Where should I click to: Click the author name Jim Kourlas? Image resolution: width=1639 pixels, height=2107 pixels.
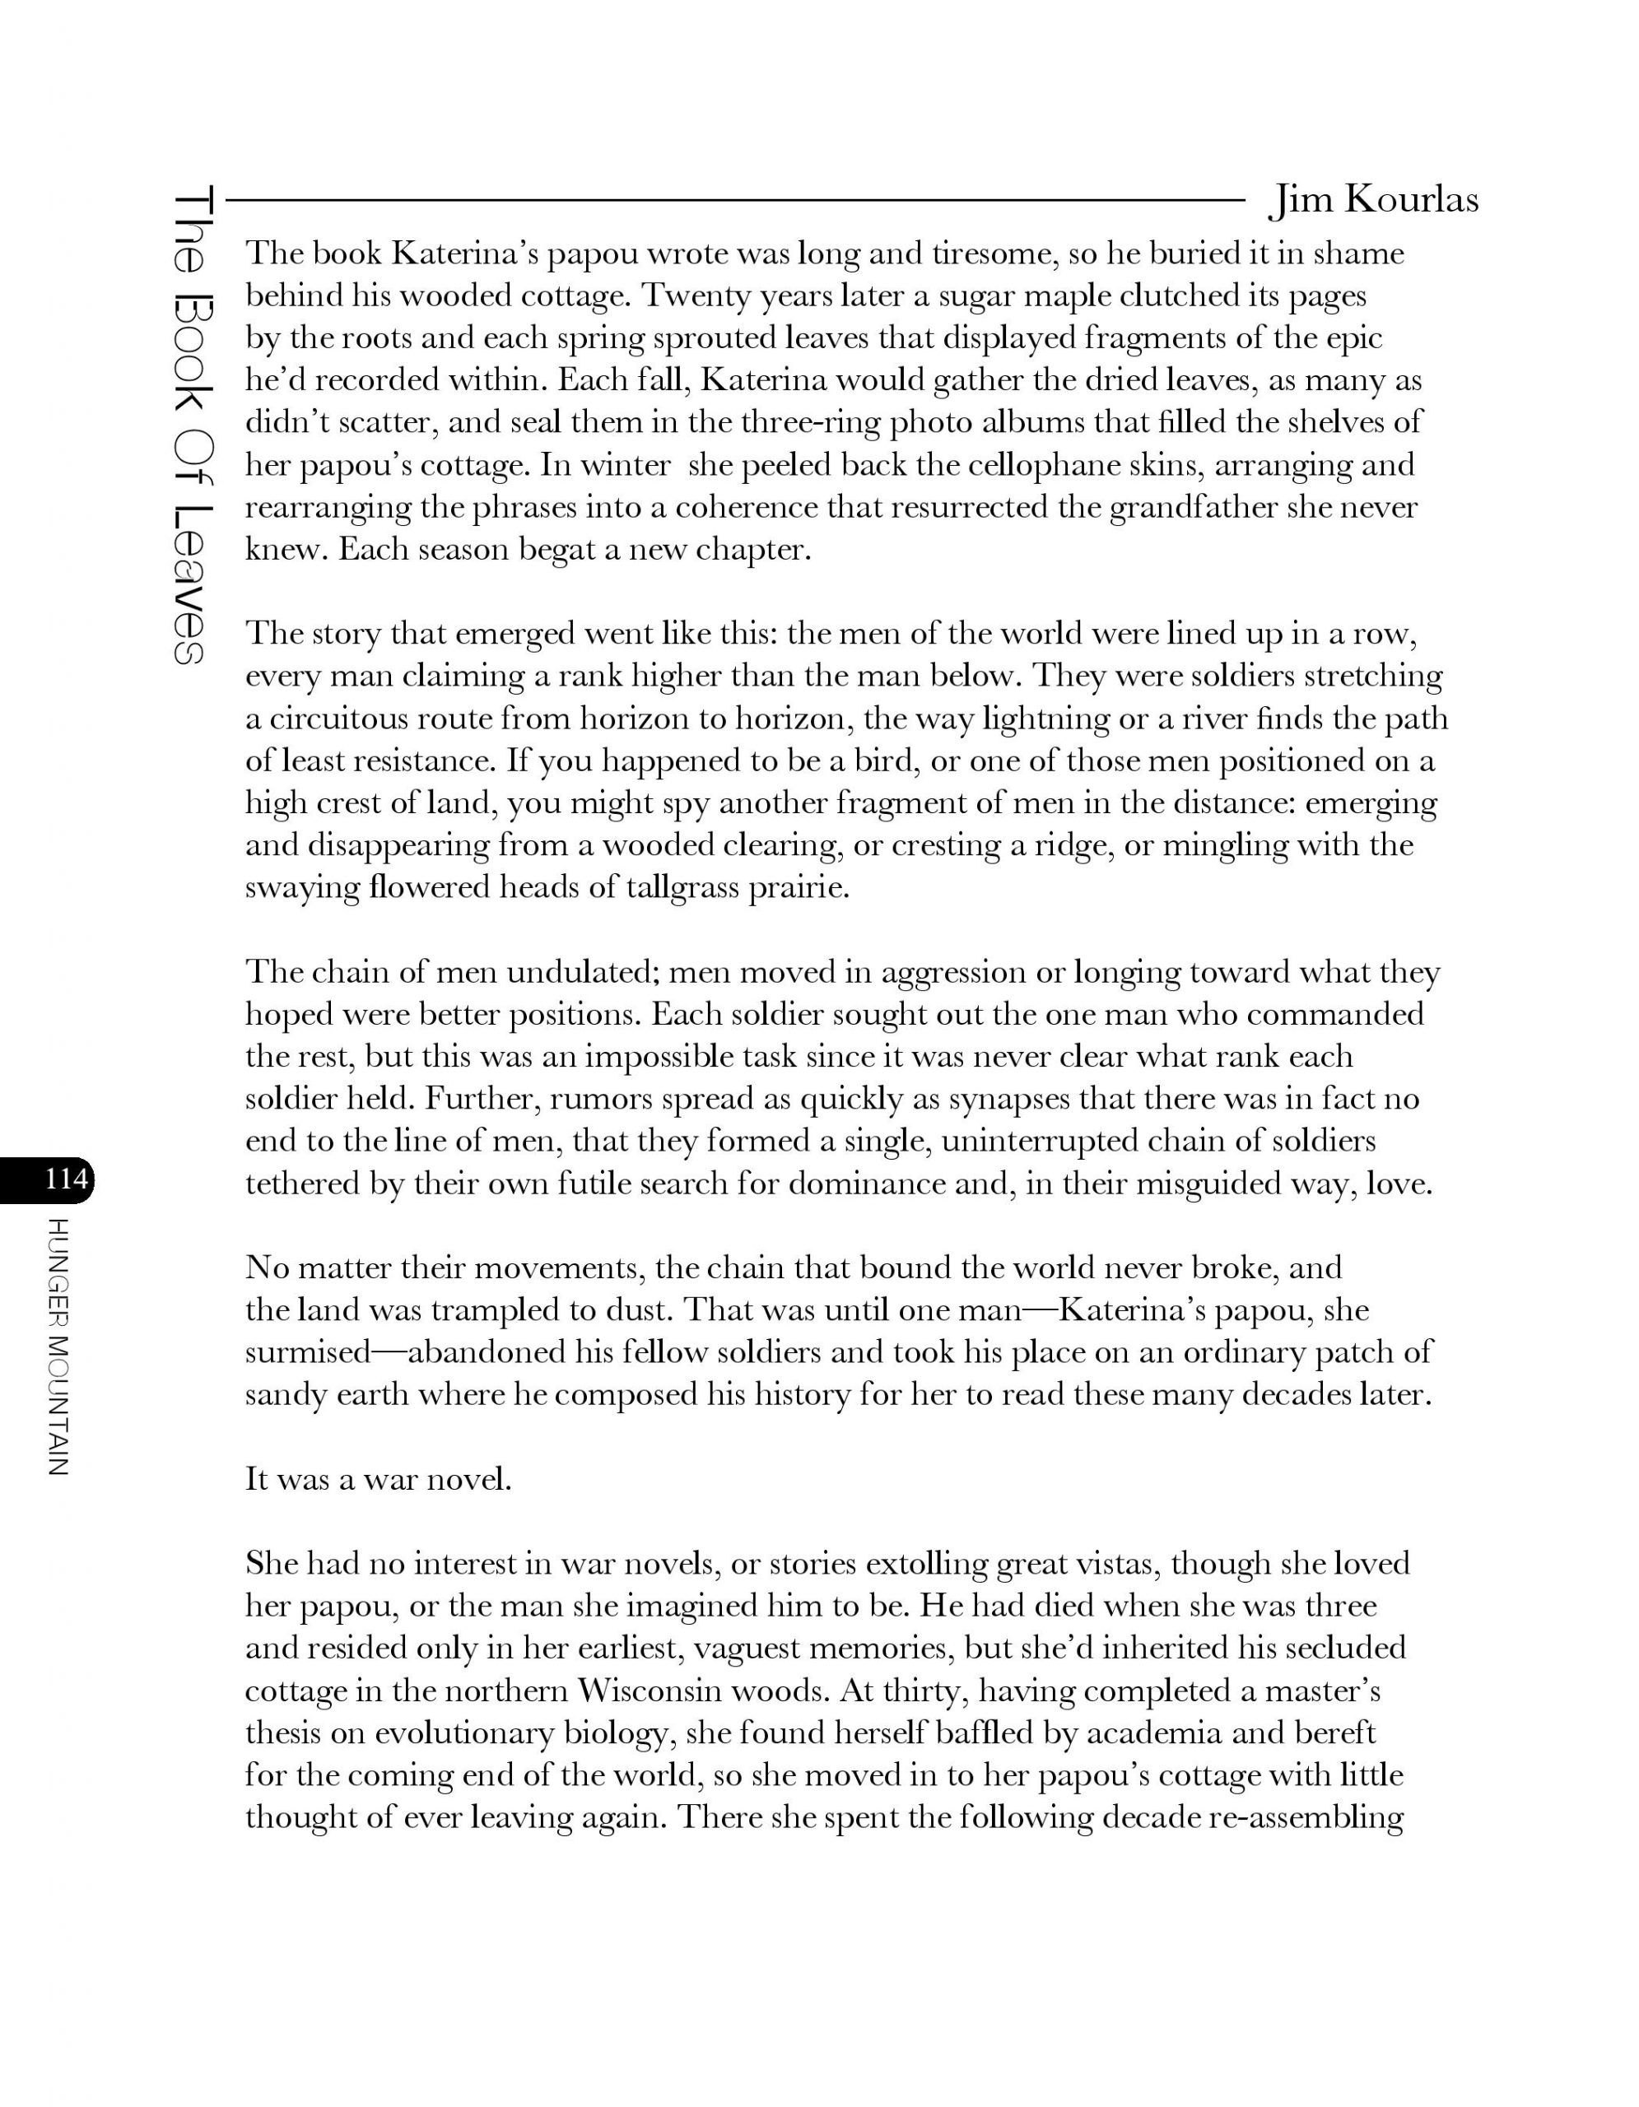tap(1373, 200)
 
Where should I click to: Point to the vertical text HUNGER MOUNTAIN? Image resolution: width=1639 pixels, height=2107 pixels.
tap(57, 1347)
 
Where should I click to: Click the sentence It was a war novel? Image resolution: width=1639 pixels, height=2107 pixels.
tap(378, 1479)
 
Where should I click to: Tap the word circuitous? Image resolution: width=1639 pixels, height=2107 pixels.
tap(374, 719)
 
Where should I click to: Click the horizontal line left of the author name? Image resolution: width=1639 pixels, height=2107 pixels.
tap(733, 201)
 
